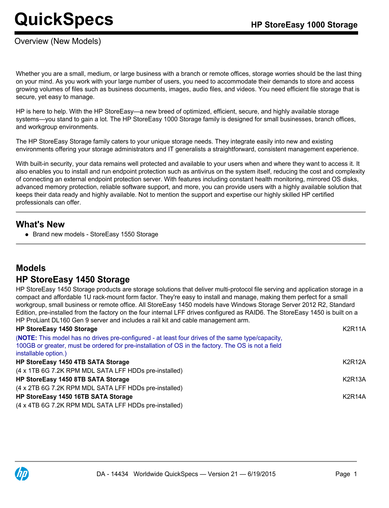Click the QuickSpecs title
[64, 19]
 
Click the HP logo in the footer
[22, 474]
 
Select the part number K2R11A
[354, 329]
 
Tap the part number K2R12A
[354, 362]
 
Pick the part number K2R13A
[354, 379]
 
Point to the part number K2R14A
[354, 397]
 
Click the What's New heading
[40, 224]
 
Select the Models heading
[31, 268]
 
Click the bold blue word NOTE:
[27, 338]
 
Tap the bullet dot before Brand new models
[27, 235]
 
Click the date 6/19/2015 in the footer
[261, 474]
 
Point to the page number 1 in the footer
[355, 474]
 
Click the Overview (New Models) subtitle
[58, 41]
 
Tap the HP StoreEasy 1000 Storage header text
[304, 25]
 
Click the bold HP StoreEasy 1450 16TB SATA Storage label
[74, 397]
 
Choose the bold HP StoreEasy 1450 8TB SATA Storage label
[73, 379]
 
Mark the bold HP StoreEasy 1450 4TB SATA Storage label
[73, 362]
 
